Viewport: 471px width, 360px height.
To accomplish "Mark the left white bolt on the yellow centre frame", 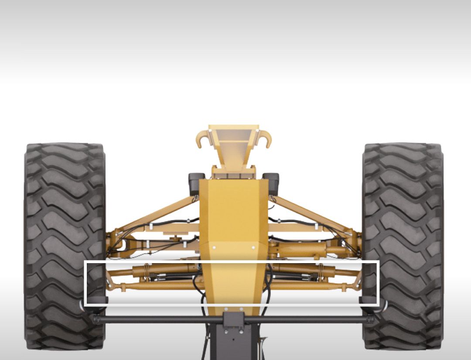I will pos(214,247).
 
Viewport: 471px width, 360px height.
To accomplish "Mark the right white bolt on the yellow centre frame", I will pos(253,247).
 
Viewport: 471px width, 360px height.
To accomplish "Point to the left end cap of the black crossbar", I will pos(95,320).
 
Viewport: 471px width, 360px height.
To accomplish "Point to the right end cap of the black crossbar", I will pos(371,320).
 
